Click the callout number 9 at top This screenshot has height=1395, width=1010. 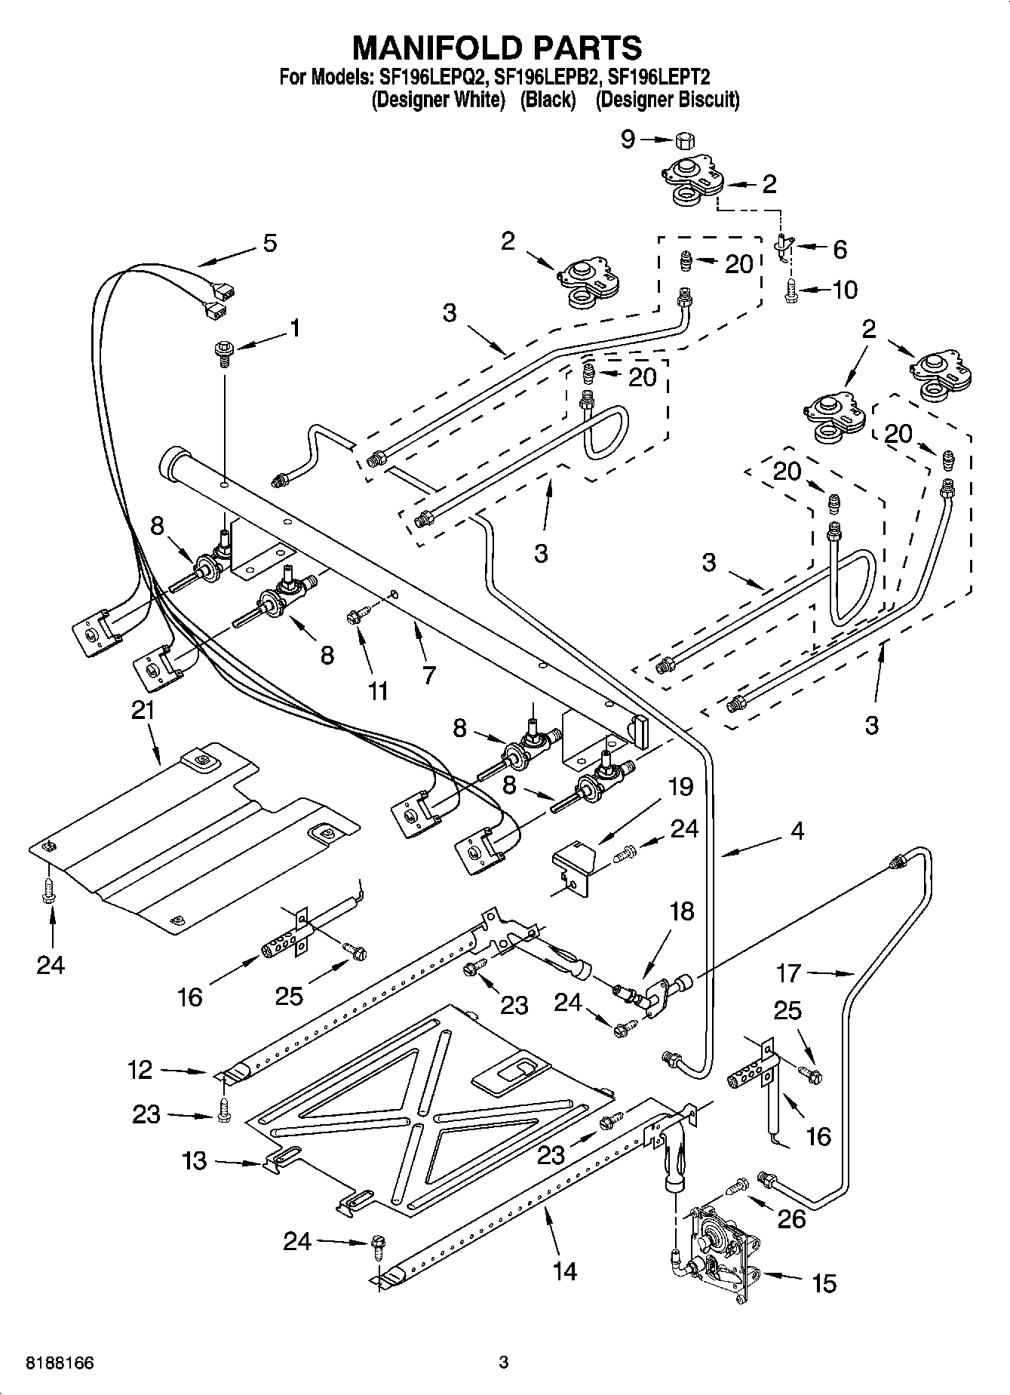point(628,139)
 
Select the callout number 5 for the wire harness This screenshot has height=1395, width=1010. point(269,243)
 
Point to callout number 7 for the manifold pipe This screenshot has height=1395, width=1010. point(429,674)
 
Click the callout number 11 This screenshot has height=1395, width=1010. point(377,690)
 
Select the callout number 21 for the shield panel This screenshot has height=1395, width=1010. point(143,710)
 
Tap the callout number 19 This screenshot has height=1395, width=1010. point(680,787)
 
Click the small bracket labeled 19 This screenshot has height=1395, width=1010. point(573,867)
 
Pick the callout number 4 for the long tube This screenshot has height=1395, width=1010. point(797,831)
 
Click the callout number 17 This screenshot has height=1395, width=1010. point(789,973)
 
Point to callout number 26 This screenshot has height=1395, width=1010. point(791,1218)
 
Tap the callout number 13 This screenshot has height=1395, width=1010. point(195,1160)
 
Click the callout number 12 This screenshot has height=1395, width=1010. point(140,1069)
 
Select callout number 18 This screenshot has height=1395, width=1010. point(681,911)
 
